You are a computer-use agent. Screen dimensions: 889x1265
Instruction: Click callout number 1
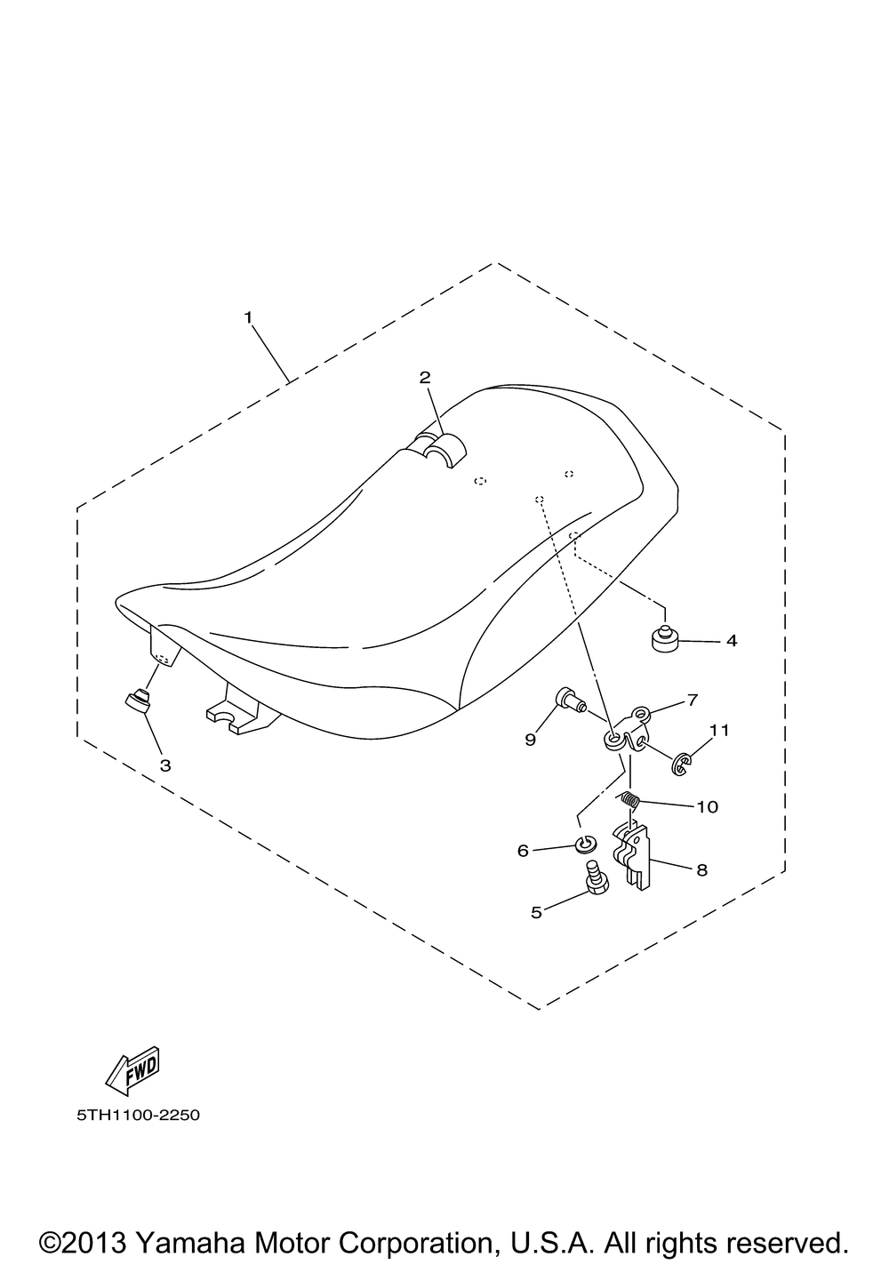pos(248,317)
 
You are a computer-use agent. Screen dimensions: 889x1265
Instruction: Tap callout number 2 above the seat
pos(425,377)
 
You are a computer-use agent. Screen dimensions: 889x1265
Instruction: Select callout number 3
pos(165,765)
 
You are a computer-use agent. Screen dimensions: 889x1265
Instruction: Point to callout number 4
pos(732,640)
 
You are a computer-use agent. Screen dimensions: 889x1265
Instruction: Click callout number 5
pos(536,912)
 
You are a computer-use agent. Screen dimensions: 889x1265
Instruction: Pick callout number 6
pos(523,851)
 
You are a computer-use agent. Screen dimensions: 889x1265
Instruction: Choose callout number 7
pos(693,701)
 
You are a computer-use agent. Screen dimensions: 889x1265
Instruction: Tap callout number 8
pos(702,870)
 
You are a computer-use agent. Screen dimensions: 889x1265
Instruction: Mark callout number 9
pos(530,740)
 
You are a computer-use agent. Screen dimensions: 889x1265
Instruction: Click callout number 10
pos(707,806)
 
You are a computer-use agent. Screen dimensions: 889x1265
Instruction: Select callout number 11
pos(719,730)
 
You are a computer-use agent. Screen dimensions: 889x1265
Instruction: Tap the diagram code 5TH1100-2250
pos(139,1116)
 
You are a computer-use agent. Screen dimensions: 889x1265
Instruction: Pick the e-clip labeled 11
pos(680,765)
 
